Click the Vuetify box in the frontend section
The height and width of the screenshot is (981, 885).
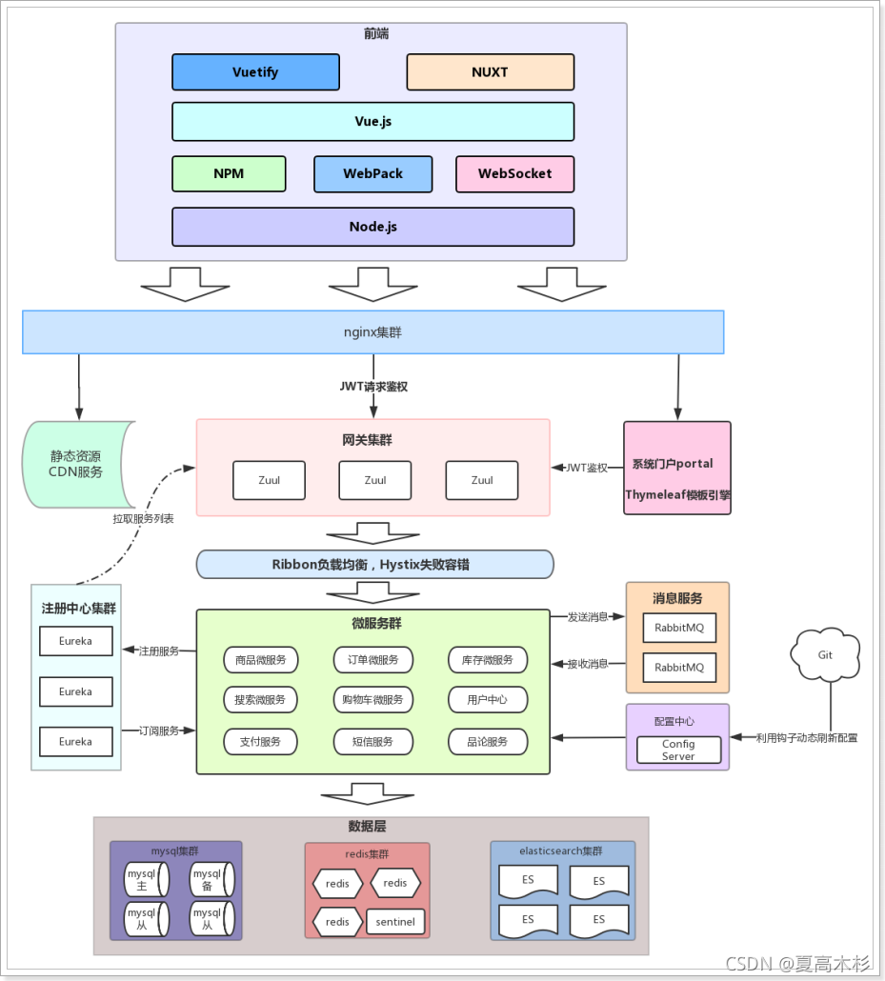coord(255,71)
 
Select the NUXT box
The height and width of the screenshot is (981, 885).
coord(490,71)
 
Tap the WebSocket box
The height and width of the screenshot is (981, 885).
coord(514,173)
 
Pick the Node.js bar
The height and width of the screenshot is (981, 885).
coord(372,227)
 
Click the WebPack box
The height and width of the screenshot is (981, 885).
coord(372,173)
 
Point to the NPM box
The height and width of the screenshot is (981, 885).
coord(229,173)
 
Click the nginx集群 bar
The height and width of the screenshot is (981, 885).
coord(372,331)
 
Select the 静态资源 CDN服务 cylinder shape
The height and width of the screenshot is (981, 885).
coord(76,464)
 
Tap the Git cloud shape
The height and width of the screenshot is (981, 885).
coord(825,654)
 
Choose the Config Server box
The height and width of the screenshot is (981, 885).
coord(678,750)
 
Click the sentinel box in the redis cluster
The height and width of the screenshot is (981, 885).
coord(395,921)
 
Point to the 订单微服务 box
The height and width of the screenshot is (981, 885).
coord(372,659)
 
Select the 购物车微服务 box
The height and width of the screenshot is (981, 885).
coord(372,699)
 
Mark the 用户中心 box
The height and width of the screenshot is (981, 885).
coord(488,699)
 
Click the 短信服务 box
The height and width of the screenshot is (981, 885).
coord(372,741)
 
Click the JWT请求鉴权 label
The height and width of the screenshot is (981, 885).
coord(372,387)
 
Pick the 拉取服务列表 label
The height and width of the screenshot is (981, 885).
coord(143,519)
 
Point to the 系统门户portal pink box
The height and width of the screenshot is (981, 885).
coord(677,468)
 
